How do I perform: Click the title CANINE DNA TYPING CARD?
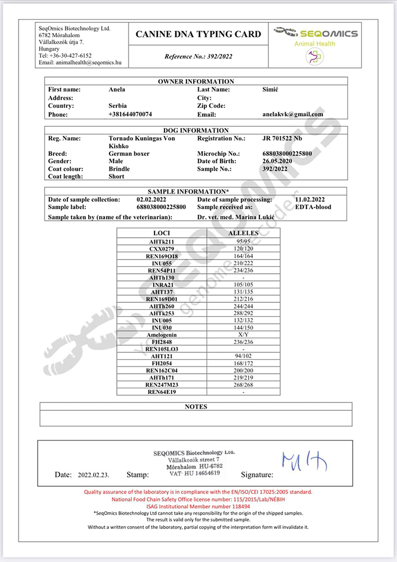198,34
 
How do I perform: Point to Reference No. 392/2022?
198,56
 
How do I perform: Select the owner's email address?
293,114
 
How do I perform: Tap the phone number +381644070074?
130,114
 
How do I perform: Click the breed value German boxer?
129,153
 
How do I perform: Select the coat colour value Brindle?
119,169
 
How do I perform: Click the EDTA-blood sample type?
313,207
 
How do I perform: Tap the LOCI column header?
161,232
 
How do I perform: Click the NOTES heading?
196,406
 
